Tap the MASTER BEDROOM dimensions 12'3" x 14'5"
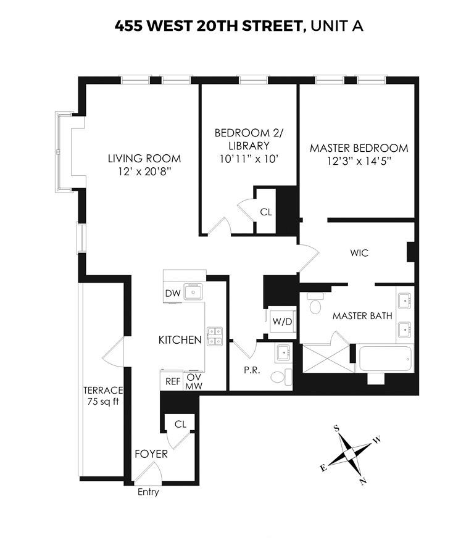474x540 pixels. pos(359,160)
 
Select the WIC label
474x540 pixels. pos(359,253)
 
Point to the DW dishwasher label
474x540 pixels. pos(172,294)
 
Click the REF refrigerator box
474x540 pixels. pos(172,381)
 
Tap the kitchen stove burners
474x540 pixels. pos(214,335)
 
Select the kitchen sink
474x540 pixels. pos(194,292)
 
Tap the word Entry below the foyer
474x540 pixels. pos(148,492)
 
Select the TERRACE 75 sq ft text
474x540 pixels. pos(103,396)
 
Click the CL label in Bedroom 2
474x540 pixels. pos(265,212)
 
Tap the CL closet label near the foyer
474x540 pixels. pos(180,424)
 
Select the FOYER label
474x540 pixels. pos(151,454)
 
